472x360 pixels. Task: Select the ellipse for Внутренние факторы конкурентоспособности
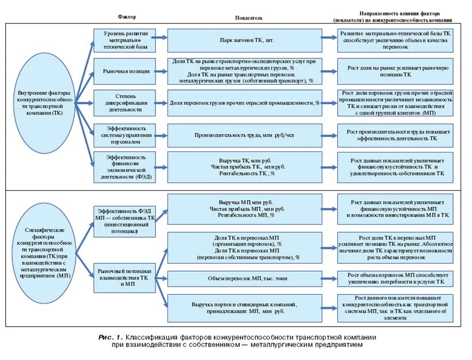tap(44, 104)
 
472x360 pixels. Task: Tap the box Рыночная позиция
tap(126, 71)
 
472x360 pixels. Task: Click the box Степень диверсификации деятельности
tap(126, 103)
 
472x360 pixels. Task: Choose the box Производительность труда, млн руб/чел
tap(244, 135)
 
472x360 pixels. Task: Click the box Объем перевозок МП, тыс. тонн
tap(244, 279)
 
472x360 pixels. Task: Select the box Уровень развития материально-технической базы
tap(126, 40)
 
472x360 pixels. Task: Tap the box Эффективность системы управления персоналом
tap(126, 135)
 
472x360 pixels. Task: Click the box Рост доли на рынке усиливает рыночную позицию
tap(395, 71)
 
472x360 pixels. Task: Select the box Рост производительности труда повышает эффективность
tap(395, 135)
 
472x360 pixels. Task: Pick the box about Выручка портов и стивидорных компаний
tap(244, 308)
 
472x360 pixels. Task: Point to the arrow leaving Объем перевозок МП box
tap(329, 279)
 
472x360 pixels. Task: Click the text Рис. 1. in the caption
tap(110, 337)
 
